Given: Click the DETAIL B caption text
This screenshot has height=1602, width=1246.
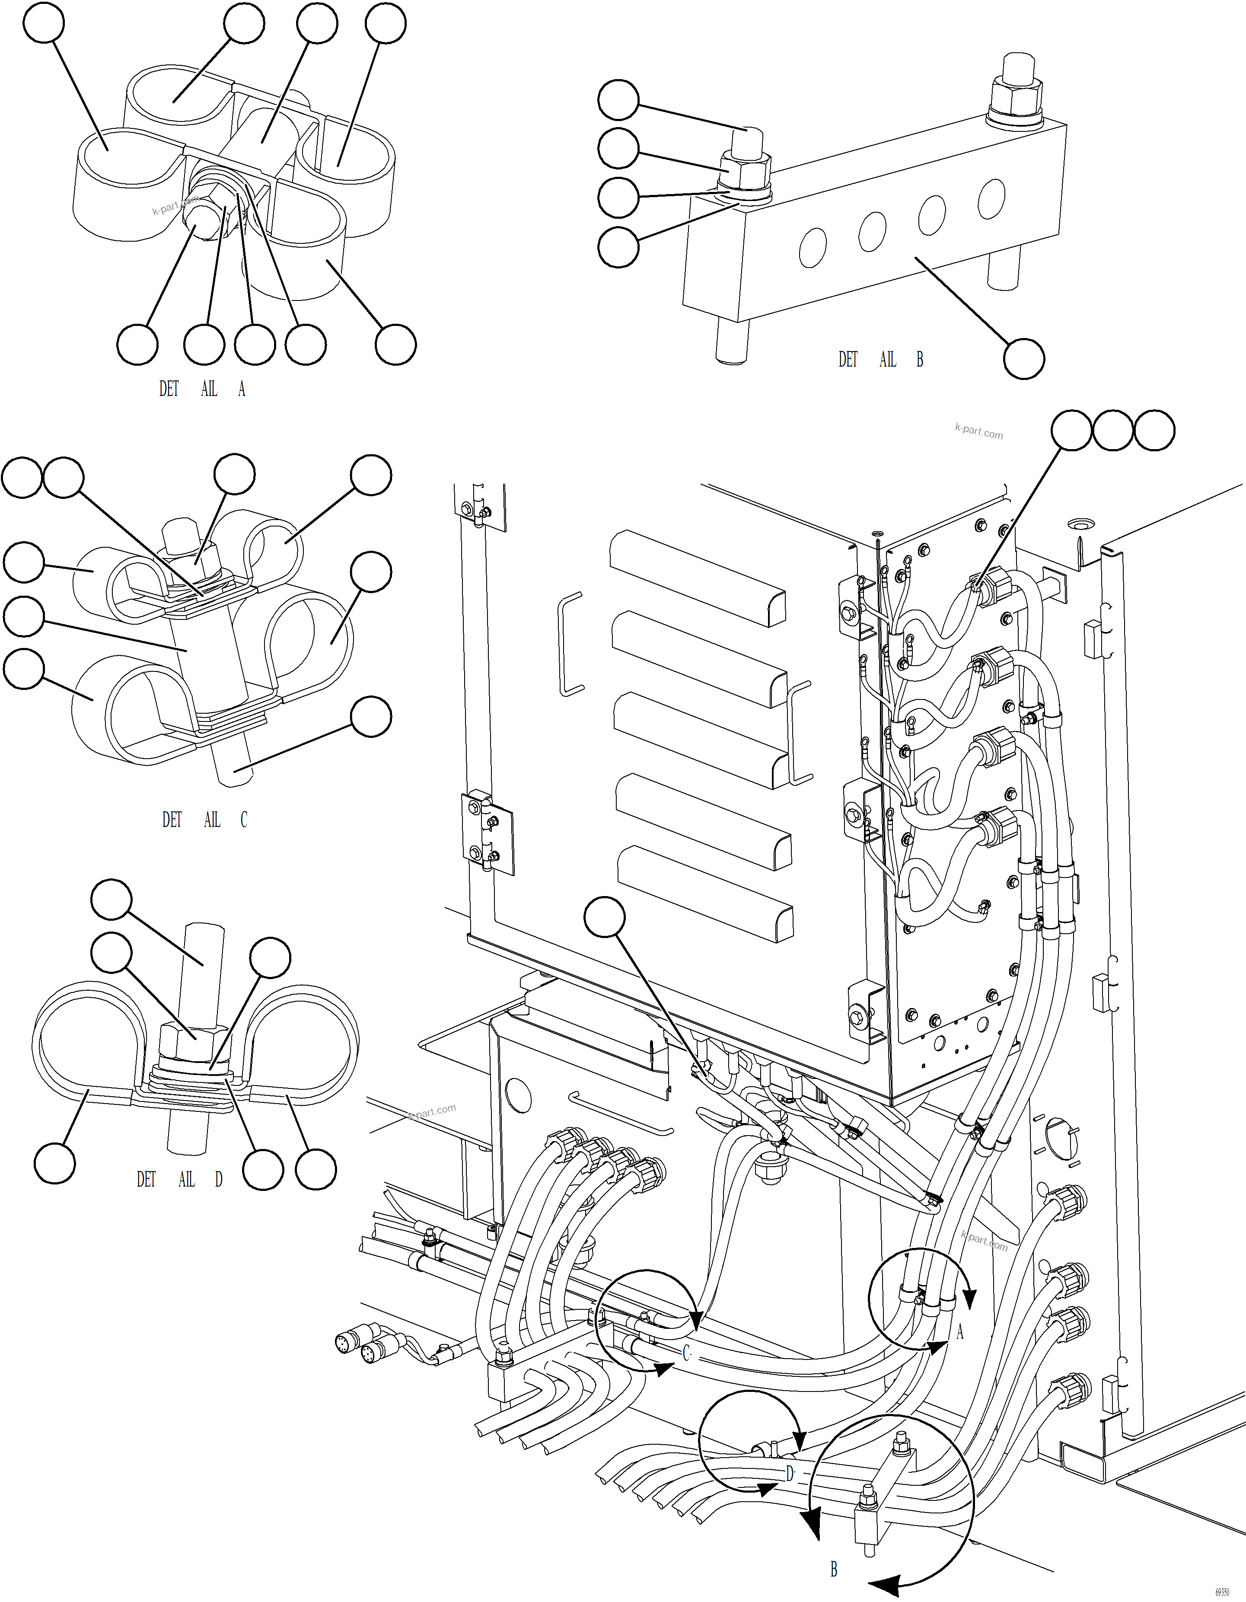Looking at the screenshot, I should tap(880, 359).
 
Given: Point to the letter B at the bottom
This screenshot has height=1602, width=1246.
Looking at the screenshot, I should tap(834, 1570).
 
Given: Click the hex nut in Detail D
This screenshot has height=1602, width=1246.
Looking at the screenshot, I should tap(194, 1035).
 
